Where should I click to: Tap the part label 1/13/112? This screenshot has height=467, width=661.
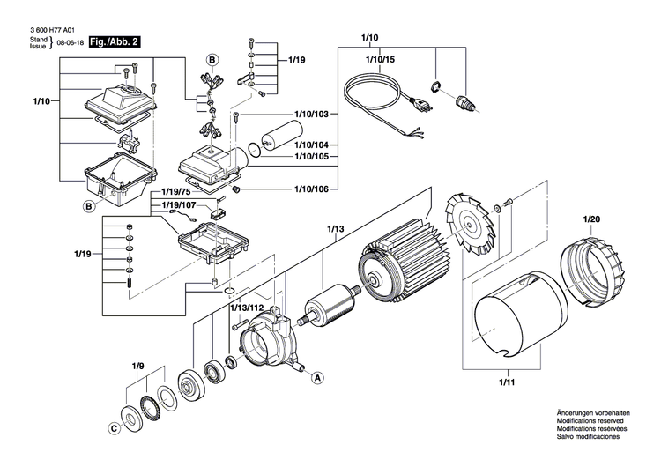pyautogui.click(x=246, y=307)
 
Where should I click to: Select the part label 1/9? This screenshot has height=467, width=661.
pyautogui.click(x=137, y=366)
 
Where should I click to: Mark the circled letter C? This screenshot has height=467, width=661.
pyautogui.click(x=113, y=429)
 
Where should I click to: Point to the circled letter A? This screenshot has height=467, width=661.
pyautogui.click(x=315, y=376)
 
